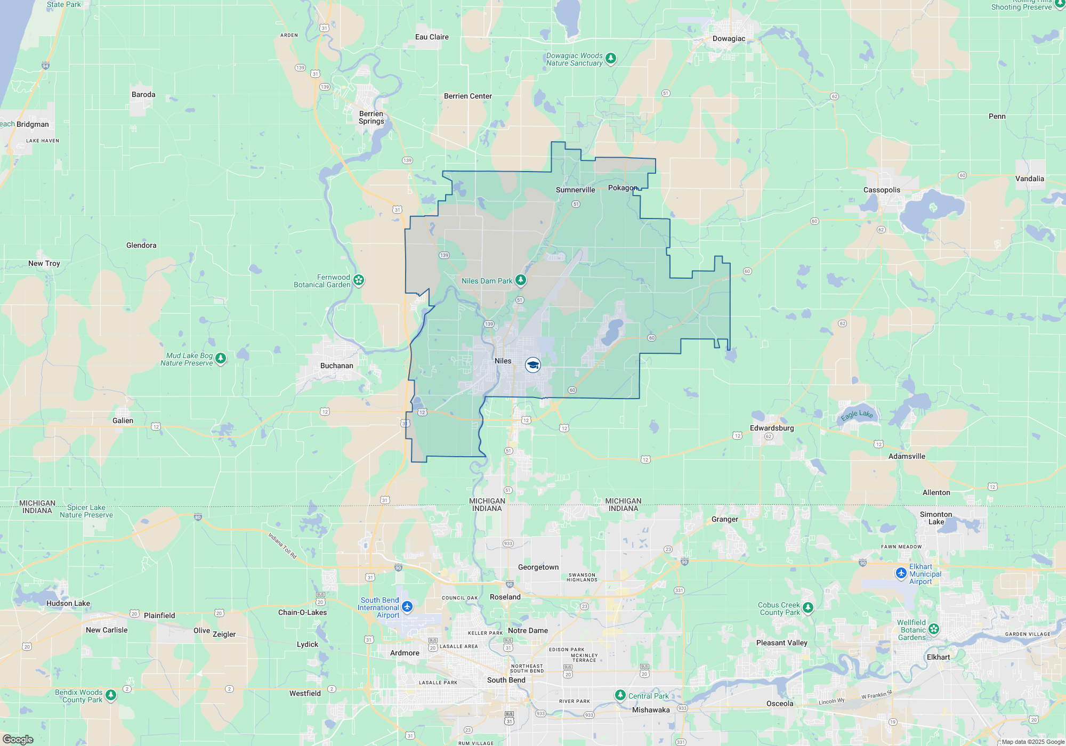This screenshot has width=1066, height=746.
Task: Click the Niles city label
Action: (503, 361)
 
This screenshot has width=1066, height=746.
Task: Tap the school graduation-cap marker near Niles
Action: (532, 365)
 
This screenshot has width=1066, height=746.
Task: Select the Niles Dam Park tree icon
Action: (521, 280)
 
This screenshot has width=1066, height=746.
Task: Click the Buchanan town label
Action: (336, 366)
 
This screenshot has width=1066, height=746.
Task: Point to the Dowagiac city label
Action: (729, 38)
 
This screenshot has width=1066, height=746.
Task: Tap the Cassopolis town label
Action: (882, 190)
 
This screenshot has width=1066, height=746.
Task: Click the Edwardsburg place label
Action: (771, 428)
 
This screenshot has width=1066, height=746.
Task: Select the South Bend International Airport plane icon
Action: (407, 606)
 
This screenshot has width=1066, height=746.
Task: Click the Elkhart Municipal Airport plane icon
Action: (901, 573)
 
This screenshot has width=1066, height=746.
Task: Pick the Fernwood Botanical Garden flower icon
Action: (359, 280)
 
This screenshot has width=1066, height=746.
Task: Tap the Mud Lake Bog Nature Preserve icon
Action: (221, 358)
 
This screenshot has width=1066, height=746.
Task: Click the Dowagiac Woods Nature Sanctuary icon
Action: (611, 58)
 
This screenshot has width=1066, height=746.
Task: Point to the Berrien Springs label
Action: (371, 117)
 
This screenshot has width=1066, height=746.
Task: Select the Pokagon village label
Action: (622, 188)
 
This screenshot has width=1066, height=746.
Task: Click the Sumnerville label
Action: (575, 190)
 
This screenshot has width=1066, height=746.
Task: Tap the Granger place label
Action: (725, 519)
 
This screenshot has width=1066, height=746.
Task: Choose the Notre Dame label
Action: (528, 630)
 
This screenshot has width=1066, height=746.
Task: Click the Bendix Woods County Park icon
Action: (111, 695)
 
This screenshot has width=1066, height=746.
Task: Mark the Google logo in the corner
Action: (18, 740)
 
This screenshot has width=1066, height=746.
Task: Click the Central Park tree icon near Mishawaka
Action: (620, 695)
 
